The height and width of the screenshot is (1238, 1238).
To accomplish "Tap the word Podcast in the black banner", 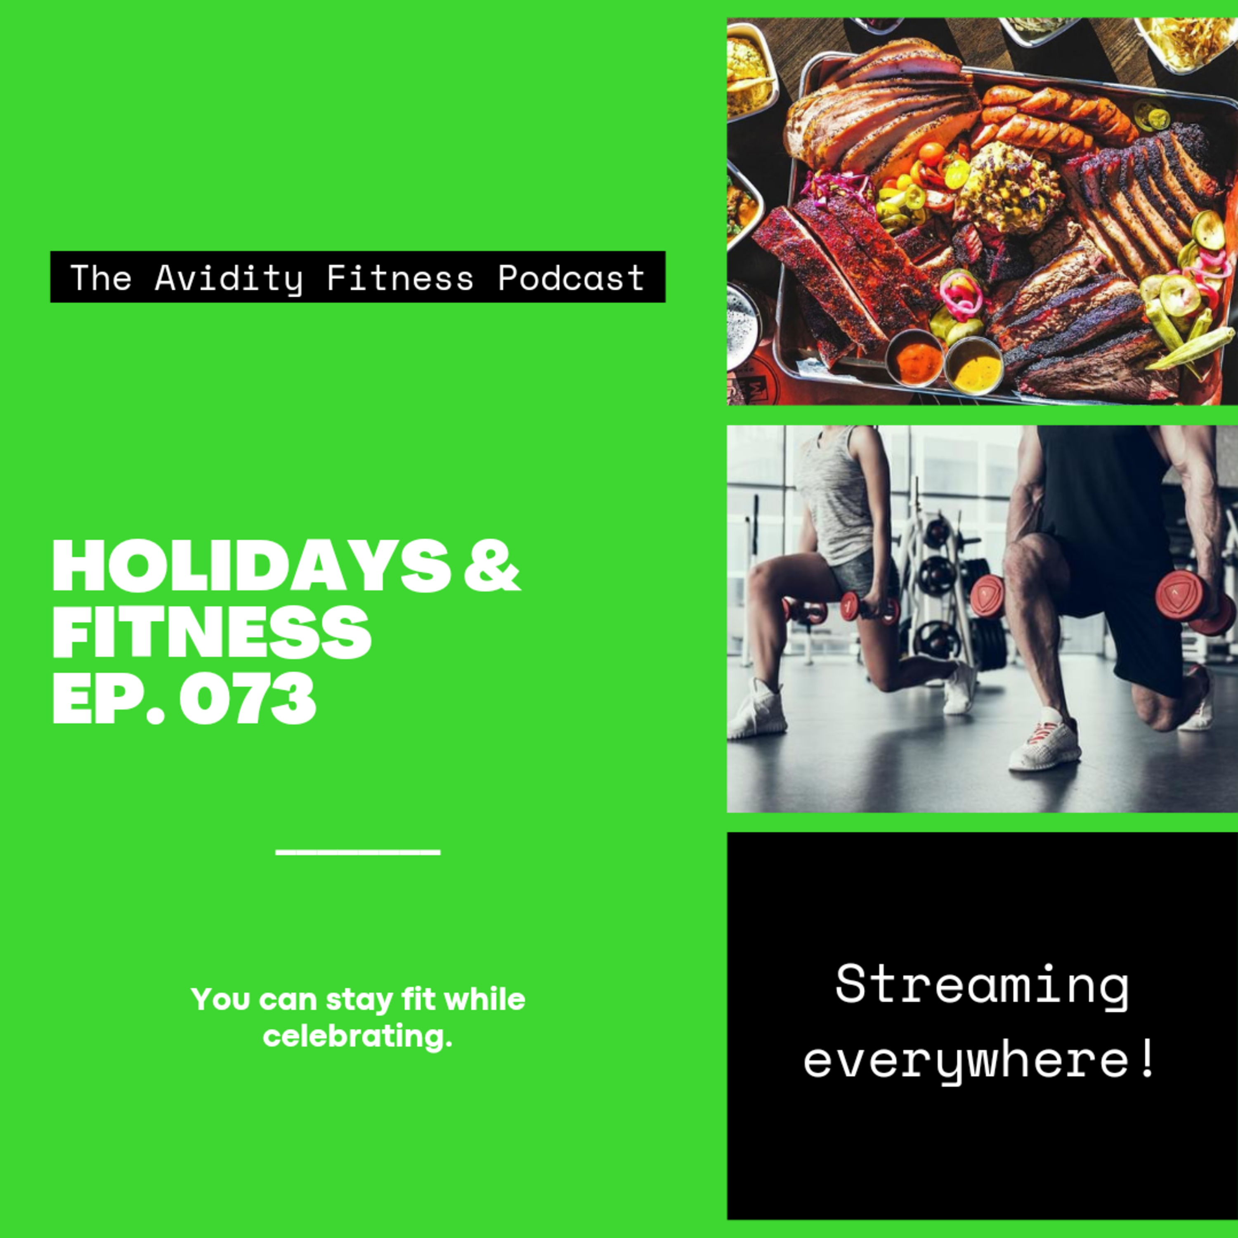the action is (572, 277).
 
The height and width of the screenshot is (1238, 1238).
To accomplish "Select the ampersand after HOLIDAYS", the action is (491, 566).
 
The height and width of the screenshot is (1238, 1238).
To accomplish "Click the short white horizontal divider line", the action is (357, 852).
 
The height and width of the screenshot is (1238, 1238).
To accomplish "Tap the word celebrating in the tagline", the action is (357, 1037).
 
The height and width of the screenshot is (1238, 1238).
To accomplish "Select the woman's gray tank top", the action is (833, 496).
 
